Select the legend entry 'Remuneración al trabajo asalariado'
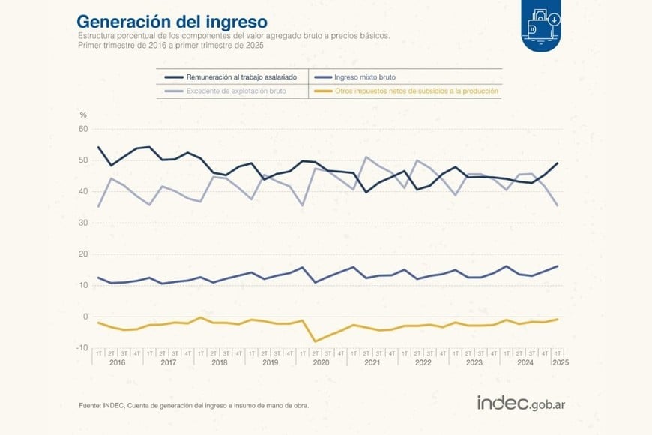click(x=232, y=76)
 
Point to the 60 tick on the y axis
click(x=83, y=130)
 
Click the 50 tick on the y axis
click(x=83, y=160)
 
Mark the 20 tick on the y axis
click(x=83, y=254)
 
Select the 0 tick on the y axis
click(x=85, y=316)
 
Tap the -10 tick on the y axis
click(x=82, y=347)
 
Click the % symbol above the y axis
click(x=83, y=115)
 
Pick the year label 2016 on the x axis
click(x=117, y=363)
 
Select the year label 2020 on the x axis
click(x=321, y=363)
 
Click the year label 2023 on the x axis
click(x=474, y=363)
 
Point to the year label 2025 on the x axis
click(x=559, y=363)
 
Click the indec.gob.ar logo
click(x=521, y=403)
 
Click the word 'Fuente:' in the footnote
click(x=91, y=405)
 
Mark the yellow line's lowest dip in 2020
click(x=315, y=341)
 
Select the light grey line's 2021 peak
click(x=366, y=157)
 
